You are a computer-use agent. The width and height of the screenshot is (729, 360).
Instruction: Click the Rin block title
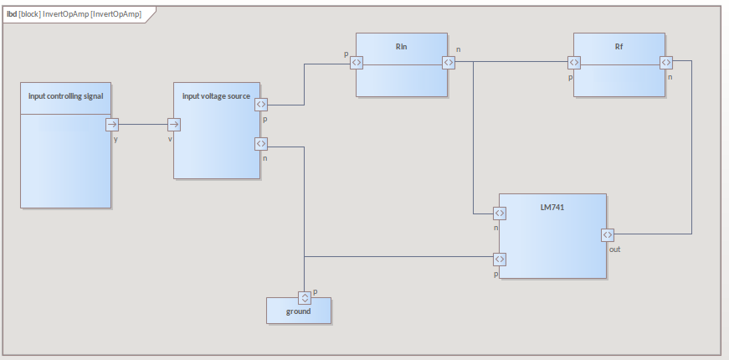coord(401,46)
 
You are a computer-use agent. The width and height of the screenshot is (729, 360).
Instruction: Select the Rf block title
coord(619,46)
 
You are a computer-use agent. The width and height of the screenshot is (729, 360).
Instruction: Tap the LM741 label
coord(552,206)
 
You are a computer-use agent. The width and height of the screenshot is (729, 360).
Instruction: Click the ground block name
coord(298,311)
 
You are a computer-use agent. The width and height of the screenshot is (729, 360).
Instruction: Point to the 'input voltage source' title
coord(216,95)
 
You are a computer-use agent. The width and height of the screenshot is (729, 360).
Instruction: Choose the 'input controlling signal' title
coord(65,95)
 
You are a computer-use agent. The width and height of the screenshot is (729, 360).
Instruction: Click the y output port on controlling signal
coord(112,125)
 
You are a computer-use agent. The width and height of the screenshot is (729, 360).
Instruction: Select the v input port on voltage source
coord(173,125)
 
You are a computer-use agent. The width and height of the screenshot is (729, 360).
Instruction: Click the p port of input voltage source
coord(260,105)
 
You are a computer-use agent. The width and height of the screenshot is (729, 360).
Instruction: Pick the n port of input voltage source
coord(260,144)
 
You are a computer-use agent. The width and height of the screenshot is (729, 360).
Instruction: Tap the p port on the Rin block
coord(356,62)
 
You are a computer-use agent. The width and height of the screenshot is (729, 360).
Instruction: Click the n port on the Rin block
coord(449,62)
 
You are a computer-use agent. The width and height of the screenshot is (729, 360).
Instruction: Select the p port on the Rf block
coord(573,62)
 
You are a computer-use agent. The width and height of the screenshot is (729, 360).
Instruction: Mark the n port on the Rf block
coord(666,62)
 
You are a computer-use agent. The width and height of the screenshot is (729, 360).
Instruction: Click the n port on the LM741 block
coord(499,213)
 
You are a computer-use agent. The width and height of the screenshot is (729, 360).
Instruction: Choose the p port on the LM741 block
coord(499,259)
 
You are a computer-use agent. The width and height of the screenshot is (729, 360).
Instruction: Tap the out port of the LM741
coord(608,234)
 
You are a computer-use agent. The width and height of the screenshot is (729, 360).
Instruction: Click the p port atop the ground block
coord(305,297)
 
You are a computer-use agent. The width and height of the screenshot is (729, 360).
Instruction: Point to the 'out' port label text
coord(614,249)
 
